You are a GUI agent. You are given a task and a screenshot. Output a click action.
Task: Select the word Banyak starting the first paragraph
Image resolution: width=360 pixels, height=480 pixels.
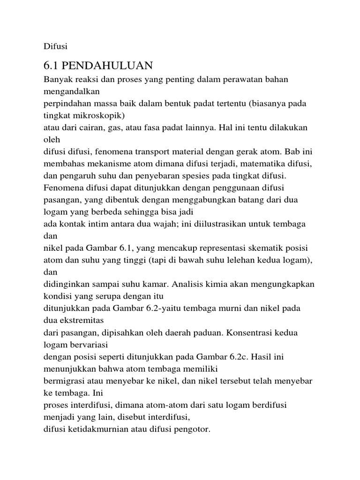tap(57, 79)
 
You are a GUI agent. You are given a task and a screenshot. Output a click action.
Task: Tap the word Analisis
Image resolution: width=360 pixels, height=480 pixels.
tap(200, 284)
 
